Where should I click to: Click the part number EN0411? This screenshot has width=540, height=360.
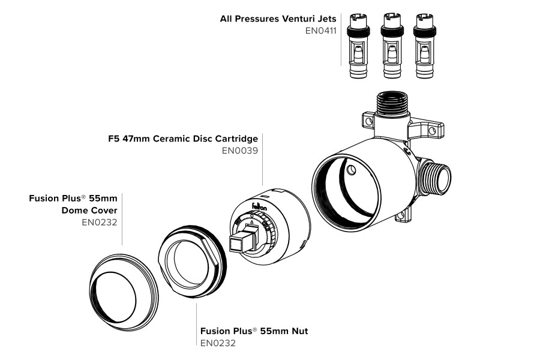pyautogui.click(x=320, y=30)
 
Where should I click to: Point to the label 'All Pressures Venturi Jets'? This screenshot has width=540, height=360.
pyautogui.click(x=278, y=19)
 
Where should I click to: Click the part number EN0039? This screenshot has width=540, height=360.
pyautogui.click(x=239, y=151)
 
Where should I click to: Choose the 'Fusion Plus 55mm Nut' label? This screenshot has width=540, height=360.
pyautogui.click(x=254, y=331)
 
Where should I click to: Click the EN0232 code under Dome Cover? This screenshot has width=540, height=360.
pyautogui.click(x=99, y=223)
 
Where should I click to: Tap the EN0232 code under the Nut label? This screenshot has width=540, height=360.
pyautogui.click(x=218, y=343)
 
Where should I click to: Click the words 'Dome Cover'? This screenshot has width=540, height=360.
pyautogui.click(x=89, y=210)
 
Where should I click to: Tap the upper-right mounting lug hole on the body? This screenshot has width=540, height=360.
pyautogui.click(x=432, y=130)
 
